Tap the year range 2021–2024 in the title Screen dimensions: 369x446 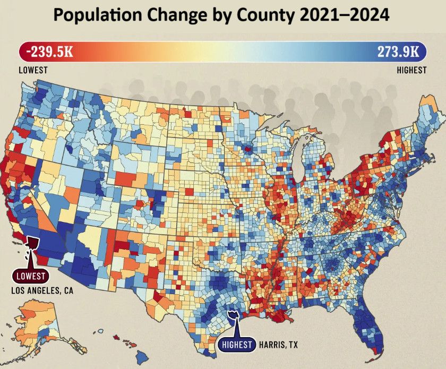(343, 15)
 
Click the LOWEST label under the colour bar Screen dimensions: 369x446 (33, 70)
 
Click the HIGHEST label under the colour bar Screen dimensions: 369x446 (411, 70)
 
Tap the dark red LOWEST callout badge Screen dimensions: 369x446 (31, 276)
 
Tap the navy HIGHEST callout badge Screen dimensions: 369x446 (237, 345)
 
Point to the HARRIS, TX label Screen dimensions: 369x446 (279, 345)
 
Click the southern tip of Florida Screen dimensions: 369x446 (378, 351)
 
